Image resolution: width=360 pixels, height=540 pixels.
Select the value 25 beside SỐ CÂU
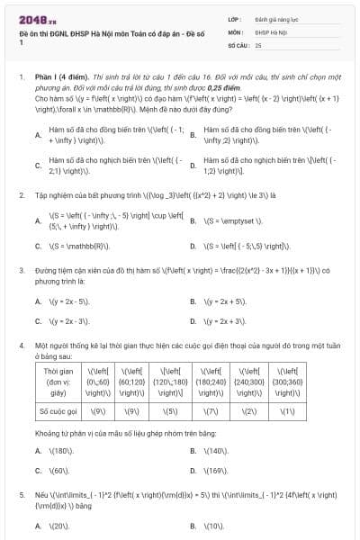pos(258,43)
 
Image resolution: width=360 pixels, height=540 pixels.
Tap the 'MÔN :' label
pos(235,31)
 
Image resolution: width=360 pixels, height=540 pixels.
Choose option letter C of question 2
pos(38,245)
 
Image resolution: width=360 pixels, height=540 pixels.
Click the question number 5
pos(21,495)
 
